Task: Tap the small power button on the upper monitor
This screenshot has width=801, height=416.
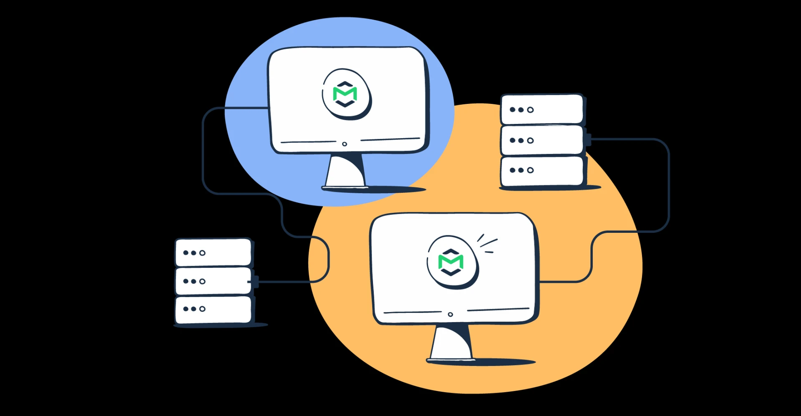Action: [x=344, y=144]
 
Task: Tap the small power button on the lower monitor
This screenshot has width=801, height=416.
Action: [x=450, y=314]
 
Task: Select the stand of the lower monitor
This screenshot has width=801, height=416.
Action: [x=451, y=342]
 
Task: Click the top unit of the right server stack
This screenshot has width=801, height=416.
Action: [x=542, y=109]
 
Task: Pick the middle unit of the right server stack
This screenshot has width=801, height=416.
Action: [x=542, y=140]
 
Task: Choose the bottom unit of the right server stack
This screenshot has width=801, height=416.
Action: [x=542, y=170]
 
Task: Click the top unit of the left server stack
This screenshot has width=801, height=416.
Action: [x=213, y=252]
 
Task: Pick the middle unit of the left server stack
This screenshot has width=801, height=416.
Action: [x=213, y=281]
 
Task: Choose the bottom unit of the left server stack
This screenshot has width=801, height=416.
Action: [x=213, y=309]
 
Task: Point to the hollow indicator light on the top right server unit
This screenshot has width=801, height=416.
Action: [x=530, y=110]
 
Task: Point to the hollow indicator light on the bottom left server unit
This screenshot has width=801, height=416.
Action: [x=202, y=309]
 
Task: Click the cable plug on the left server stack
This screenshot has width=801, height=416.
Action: [x=255, y=282]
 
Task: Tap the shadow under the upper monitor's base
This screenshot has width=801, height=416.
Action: [x=396, y=190]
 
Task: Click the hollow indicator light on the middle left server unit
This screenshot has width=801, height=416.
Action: [x=202, y=281]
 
